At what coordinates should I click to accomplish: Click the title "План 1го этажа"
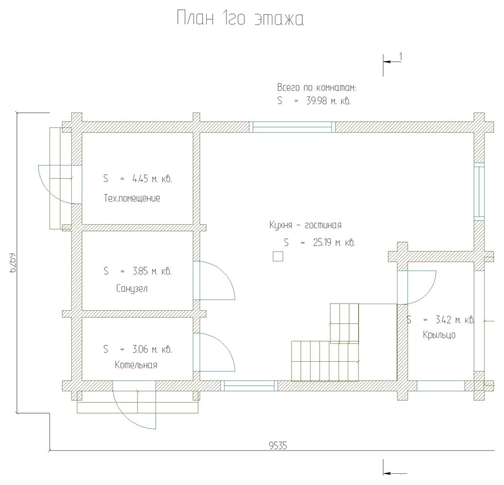pos(240,18)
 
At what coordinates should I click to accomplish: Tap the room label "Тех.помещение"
pos(132,198)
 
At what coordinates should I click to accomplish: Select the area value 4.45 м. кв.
pos(152,179)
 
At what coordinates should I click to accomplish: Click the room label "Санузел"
pos(132,288)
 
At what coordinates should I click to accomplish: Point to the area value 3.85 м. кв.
pos(152,271)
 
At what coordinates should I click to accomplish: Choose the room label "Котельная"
pos(136,365)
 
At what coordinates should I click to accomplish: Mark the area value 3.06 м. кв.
pos(152,349)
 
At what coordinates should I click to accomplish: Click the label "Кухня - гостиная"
pos(305,225)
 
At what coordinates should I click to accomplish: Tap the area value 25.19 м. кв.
pos(334,242)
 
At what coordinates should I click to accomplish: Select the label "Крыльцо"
pos(439,335)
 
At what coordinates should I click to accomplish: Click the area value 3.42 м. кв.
pos(455,320)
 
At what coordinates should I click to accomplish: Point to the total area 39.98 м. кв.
pos(328,101)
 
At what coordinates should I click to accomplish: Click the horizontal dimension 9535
pos(278,446)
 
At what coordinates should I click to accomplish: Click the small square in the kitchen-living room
pos(278,256)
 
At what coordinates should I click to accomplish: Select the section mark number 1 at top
pos(401,57)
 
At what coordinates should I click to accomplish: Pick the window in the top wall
pos(293,127)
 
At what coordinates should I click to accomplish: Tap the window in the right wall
pos(479,192)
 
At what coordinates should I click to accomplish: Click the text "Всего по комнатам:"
pos(317,88)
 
